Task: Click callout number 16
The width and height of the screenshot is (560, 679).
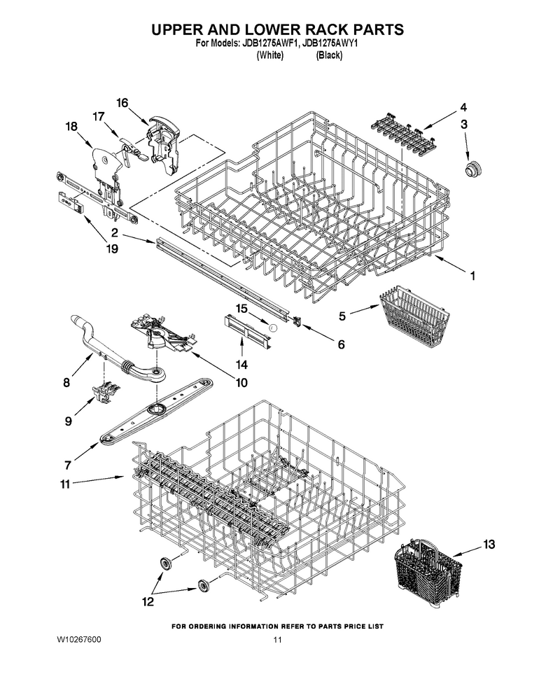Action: click(122, 103)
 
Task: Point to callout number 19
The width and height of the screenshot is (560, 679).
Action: click(112, 249)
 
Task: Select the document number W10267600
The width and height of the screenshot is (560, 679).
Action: click(79, 640)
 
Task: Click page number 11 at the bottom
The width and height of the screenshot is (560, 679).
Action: click(278, 640)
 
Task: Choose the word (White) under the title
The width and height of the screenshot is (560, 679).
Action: click(269, 55)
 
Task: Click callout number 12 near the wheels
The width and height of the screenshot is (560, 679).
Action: click(148, 601)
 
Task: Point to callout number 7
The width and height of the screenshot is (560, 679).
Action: click(68, 466)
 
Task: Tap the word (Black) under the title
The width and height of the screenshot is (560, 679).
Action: click(329, 55)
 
